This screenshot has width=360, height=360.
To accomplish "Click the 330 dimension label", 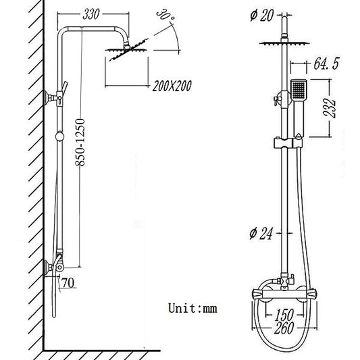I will (95, 14).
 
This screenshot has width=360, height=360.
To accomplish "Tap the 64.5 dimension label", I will (328, 66).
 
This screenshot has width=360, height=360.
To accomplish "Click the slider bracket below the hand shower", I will (286, 144).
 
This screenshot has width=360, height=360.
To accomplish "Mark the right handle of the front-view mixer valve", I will (312, 295).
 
